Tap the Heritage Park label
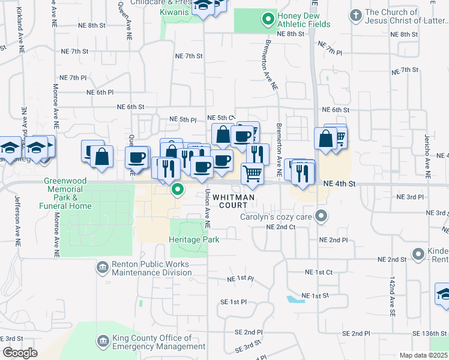pos(194,239)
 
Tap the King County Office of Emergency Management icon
pos(102,341)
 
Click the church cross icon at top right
pos(356,14)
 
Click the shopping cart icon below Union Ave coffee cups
pos(253,174)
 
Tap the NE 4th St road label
pos(340,184)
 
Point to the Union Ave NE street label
pos(206,208)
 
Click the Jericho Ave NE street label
pos(427,155)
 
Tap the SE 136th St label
pos(430,333)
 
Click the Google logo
pos(20,353)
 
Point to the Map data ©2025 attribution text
pos(423,355)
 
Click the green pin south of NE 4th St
pos(178,190)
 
